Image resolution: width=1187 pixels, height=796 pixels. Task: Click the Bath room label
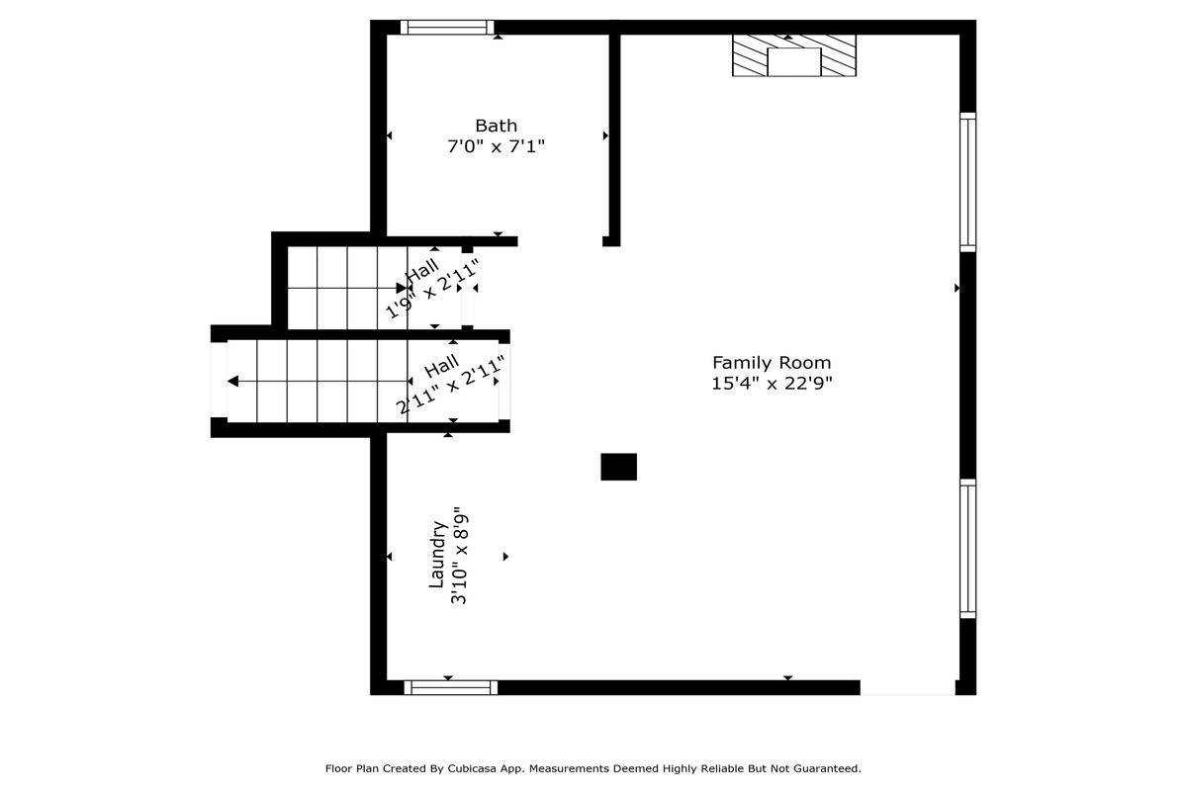tap(496, 126)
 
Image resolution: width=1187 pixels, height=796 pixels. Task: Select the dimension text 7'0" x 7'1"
tap(496, 146)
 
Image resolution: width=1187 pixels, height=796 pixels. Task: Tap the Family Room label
tap(772, 363)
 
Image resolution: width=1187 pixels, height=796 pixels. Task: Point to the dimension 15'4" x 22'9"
tap(772, 383)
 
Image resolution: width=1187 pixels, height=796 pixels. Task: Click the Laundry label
tap(437, 555)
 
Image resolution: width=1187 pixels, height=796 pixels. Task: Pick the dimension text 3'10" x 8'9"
tap(459, 560)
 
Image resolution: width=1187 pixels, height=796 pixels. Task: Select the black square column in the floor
tap(618, 467)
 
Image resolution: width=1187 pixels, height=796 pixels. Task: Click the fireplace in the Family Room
tap(793, 55)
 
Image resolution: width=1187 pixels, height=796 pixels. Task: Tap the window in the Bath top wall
tap(447, 27)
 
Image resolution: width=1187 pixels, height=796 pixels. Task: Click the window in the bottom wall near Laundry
tap(450, 687)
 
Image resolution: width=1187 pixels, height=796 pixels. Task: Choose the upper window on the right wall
tap(967, 182)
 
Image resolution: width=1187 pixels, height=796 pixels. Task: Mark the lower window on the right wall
tap(967, 548)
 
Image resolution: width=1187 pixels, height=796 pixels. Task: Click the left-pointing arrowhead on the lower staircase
tap(232, 381)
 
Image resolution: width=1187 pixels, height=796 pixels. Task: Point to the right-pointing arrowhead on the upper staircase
tap(402, 288)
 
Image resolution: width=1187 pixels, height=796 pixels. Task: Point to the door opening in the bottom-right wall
tap(907, 687)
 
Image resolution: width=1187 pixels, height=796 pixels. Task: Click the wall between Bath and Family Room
tap(614, 136)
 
